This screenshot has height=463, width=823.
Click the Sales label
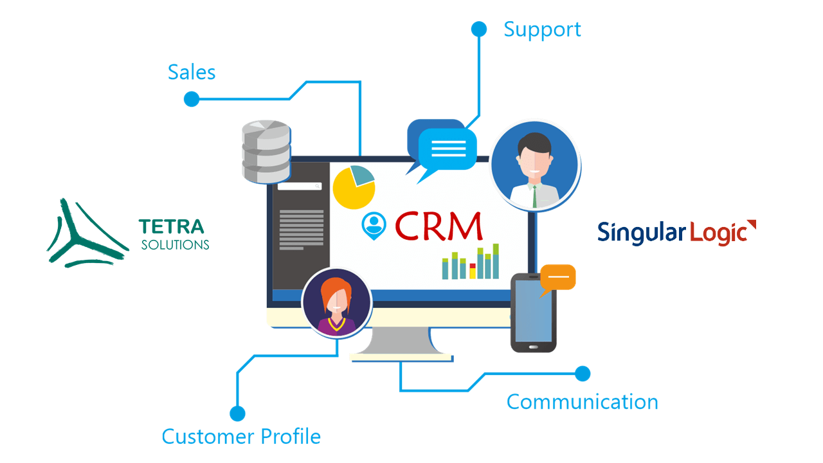pos(192,72)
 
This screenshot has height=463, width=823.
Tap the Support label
pos(542,30)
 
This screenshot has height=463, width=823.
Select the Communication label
pos(582,402)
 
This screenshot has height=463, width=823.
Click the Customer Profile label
pos(241,437)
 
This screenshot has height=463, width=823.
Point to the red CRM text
pos(439,226)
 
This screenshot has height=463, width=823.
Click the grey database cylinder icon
pos(266,151)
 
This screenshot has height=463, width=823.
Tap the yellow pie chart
pos(354,187)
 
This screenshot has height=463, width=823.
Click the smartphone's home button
pos(533,347)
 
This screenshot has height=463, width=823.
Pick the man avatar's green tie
pos(535,197)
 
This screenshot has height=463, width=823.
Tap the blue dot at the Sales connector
pos(192,99)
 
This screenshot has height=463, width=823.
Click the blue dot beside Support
pos(479,29)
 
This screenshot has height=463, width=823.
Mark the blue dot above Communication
pos(583,374)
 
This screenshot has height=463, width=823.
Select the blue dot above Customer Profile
pos(237,413)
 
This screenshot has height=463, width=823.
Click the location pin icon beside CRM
pos(374,226)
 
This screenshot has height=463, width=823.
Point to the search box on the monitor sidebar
pos(300,186)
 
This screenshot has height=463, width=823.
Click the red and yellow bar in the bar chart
pos(473,271)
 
